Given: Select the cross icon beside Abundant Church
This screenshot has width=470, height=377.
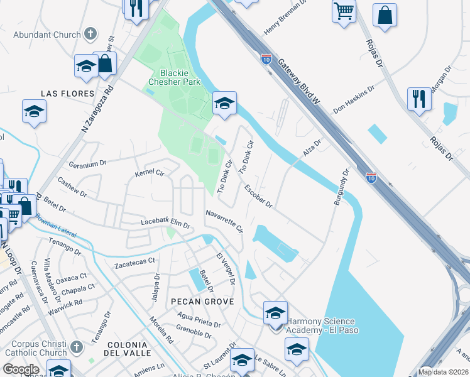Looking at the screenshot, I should [90, 34].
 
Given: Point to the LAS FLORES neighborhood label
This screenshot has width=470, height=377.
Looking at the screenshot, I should [67, 94].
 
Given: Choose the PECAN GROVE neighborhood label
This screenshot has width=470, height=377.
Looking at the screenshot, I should [202, 302].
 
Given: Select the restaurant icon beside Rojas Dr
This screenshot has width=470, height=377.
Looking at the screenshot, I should [418, 99].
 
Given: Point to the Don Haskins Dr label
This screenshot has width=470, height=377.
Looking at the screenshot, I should [354, 99].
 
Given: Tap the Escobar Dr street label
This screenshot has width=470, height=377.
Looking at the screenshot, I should [258, 195].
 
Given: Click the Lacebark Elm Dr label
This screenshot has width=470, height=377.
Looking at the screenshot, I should [165, 223].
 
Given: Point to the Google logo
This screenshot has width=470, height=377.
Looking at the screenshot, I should [21, 369].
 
